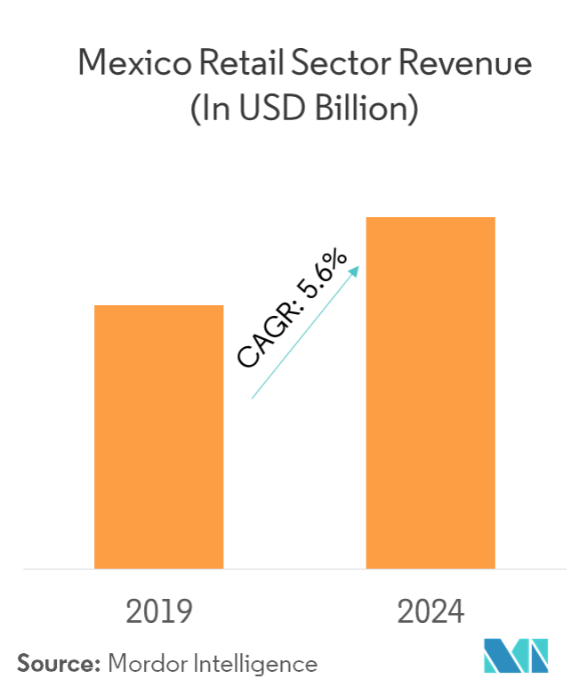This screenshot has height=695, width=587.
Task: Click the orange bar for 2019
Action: point(159,436)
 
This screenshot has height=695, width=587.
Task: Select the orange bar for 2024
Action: point(430,392)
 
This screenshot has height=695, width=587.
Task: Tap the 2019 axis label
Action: point(160,612)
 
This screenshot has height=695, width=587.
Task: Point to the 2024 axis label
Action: point(430,612)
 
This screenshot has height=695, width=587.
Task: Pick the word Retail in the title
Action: point(236,64)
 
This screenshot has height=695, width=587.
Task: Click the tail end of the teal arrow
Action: point(253,397)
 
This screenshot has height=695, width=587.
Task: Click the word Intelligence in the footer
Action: point(258,663)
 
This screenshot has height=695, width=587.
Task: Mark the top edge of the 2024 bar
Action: point(430,218)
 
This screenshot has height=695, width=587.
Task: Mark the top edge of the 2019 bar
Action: point(159,306)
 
